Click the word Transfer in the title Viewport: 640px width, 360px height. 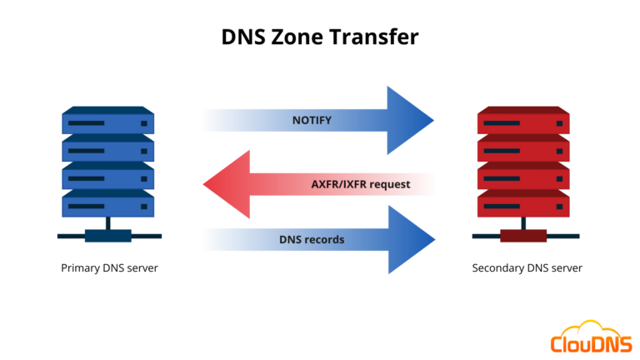[375, 37]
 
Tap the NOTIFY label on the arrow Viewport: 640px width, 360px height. [312, 121]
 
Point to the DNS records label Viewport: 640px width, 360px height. [312, 240]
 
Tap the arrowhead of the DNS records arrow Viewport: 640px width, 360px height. [412, 240]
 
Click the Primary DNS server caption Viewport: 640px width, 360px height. [109, 268]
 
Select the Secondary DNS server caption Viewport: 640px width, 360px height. [527, 268]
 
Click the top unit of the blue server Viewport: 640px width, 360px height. [108, 122]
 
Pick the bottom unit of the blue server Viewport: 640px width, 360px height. [108, 202]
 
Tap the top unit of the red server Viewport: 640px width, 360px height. [523, 122]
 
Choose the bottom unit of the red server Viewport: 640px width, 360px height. [523, 202]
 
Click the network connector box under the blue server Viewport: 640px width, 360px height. [108, 236]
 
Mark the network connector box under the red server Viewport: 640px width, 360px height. [523, 236]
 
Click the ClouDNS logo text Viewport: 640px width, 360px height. [589, 342]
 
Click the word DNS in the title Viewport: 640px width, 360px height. [242, 37]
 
